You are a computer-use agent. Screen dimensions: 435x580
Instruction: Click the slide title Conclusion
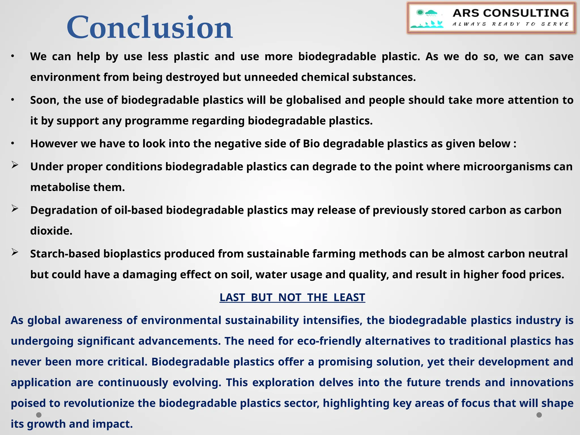[x=150, y=27]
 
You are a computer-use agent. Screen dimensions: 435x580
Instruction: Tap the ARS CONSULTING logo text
[x=511, y=13]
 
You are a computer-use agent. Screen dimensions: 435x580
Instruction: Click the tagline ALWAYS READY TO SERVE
[x=510, y=24]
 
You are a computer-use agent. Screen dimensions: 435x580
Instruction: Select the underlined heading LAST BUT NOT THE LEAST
[x=292, y=297]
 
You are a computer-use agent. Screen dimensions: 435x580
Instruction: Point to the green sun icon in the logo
[x=420, y=12]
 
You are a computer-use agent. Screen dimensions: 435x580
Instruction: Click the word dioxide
[x=51, y=231]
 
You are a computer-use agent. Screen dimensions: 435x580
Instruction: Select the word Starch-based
[x=65, y=254]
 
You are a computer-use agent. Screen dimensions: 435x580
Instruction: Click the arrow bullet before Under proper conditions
[x=15, y=165]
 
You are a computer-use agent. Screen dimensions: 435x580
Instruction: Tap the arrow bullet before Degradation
[x=15, y=209]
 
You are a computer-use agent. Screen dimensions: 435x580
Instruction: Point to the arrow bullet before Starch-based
[x=15, y=252]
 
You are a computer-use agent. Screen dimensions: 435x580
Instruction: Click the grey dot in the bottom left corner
[x=39, y=415]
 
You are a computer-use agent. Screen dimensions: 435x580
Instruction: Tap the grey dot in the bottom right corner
[x=539, y=415]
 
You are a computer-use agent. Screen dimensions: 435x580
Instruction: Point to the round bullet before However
[x=12, y=144]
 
